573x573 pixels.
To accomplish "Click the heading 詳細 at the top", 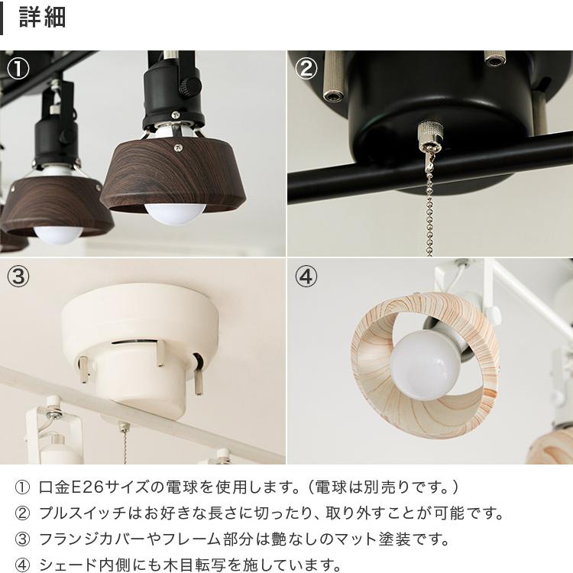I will pos(42,18).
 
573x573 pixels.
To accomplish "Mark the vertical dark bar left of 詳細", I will pos(2,18).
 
